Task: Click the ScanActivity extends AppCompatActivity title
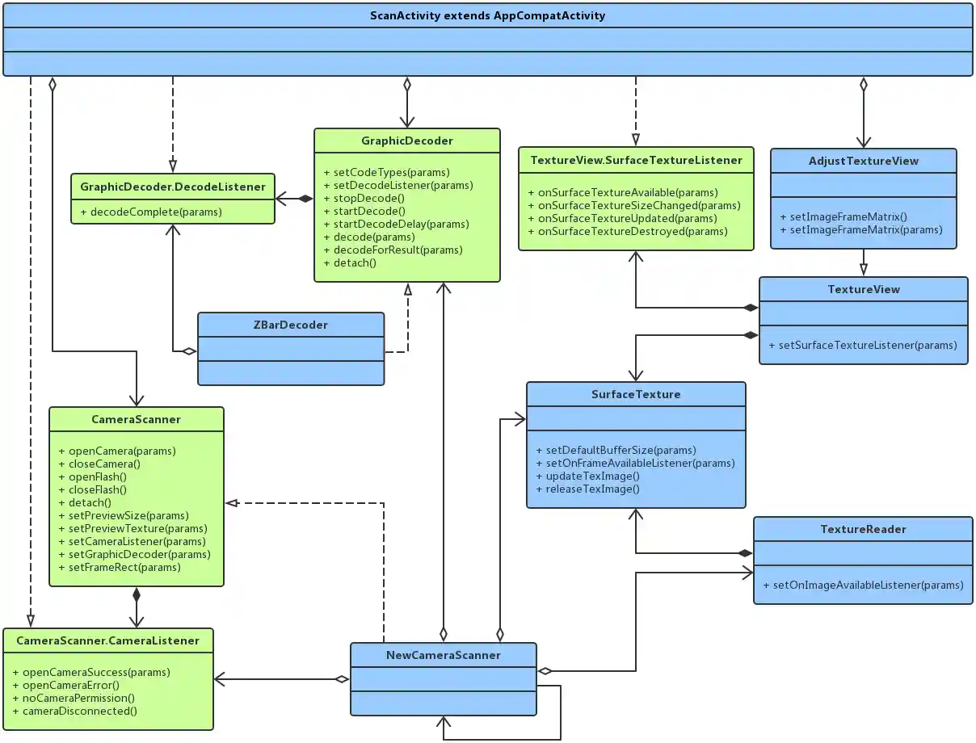click(487, 15)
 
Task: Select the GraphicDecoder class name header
click(406, 141)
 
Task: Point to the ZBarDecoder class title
click(290, 325)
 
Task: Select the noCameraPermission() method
click(74, 698)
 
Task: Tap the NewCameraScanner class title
click(443, 655)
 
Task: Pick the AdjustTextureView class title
click(863, 161)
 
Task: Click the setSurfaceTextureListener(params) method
click(863, 345)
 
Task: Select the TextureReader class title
click(863, 529)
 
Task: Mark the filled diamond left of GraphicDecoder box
click(305, 198)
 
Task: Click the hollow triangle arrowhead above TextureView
click(863, 270)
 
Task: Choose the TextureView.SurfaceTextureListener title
click(636, 160)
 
